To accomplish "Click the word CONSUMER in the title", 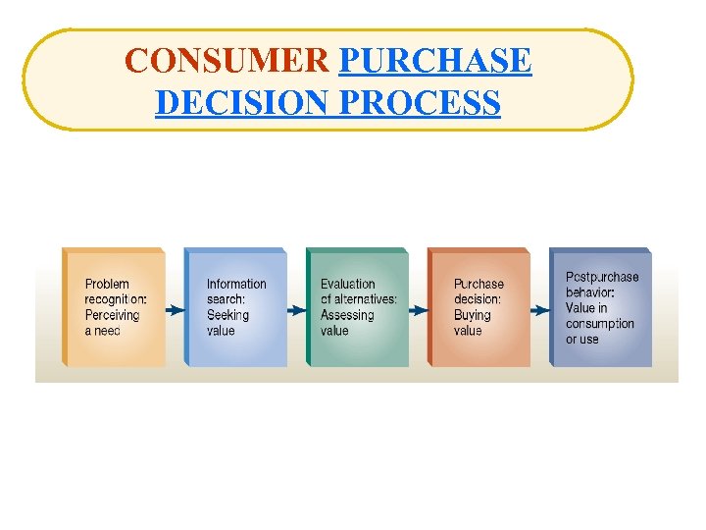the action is click(x=227, y=61).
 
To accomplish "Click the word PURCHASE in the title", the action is click(x=434, y=61).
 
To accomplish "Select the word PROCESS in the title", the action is click(x=426, y=102).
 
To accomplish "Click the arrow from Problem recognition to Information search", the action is click(x=176, y=310).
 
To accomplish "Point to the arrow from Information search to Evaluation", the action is click(x=296, y=310).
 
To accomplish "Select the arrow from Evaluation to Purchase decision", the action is click(x=418, y=310).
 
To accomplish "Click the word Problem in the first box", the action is click(x=107, y=285).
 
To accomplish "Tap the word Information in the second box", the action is click(x=236, y=285).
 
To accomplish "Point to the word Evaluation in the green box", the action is click(x=348, y=285).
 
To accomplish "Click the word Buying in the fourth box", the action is click(x=473, y=315).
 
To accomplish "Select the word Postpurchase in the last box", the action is click(x=602, y=277).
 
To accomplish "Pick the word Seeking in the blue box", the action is click(x=227, y=315).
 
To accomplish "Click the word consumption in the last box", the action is click(x=600, y=324).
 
